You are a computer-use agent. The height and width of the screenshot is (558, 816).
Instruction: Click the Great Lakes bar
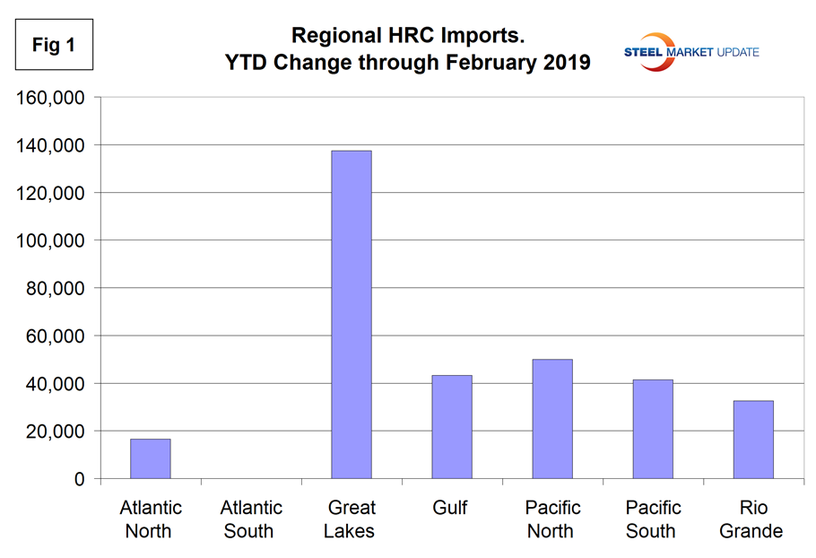pyautogui.click(x=351, y=315)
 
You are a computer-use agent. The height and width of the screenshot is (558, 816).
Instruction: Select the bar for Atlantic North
pyautogui.click(x=150, y=458)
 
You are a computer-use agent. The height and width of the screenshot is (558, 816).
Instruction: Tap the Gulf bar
pyautogui.click(x=451, y=427)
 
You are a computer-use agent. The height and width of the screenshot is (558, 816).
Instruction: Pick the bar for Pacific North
pyautogui.click(x=551, y=419)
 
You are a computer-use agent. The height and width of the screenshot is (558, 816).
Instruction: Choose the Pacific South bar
pyautogui.click(x=652, y=429)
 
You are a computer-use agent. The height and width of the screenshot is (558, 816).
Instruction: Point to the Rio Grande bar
pyautogui.click(x=752, y=440)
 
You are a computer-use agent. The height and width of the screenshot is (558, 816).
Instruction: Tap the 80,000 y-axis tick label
pyautogui.click(x=55, y=288)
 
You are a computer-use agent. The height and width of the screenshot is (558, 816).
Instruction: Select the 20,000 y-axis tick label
pyautogui.click(x=55, y=432)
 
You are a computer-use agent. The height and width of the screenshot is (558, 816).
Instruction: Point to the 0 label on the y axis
pyautogui.click(x=80, y=479)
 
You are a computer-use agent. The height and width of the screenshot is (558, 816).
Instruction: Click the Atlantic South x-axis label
pyautogui.click(x=249, y=519)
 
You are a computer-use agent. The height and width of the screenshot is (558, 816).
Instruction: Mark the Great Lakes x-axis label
pyautogui.click(x=351, y=519)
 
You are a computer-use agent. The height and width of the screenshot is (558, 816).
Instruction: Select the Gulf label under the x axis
pyautogui.click(x=451, y=509)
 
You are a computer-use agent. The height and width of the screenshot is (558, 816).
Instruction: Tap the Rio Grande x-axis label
pyautogui.click(x=752, y=519)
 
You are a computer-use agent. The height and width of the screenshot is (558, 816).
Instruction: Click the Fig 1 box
pyautogui.click(x=54, y=46)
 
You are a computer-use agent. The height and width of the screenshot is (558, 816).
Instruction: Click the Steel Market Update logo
pyautogui.click(x=691, y=51)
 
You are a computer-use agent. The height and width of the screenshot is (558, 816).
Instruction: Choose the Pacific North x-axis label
pyautogui.click(x=551, y=519)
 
